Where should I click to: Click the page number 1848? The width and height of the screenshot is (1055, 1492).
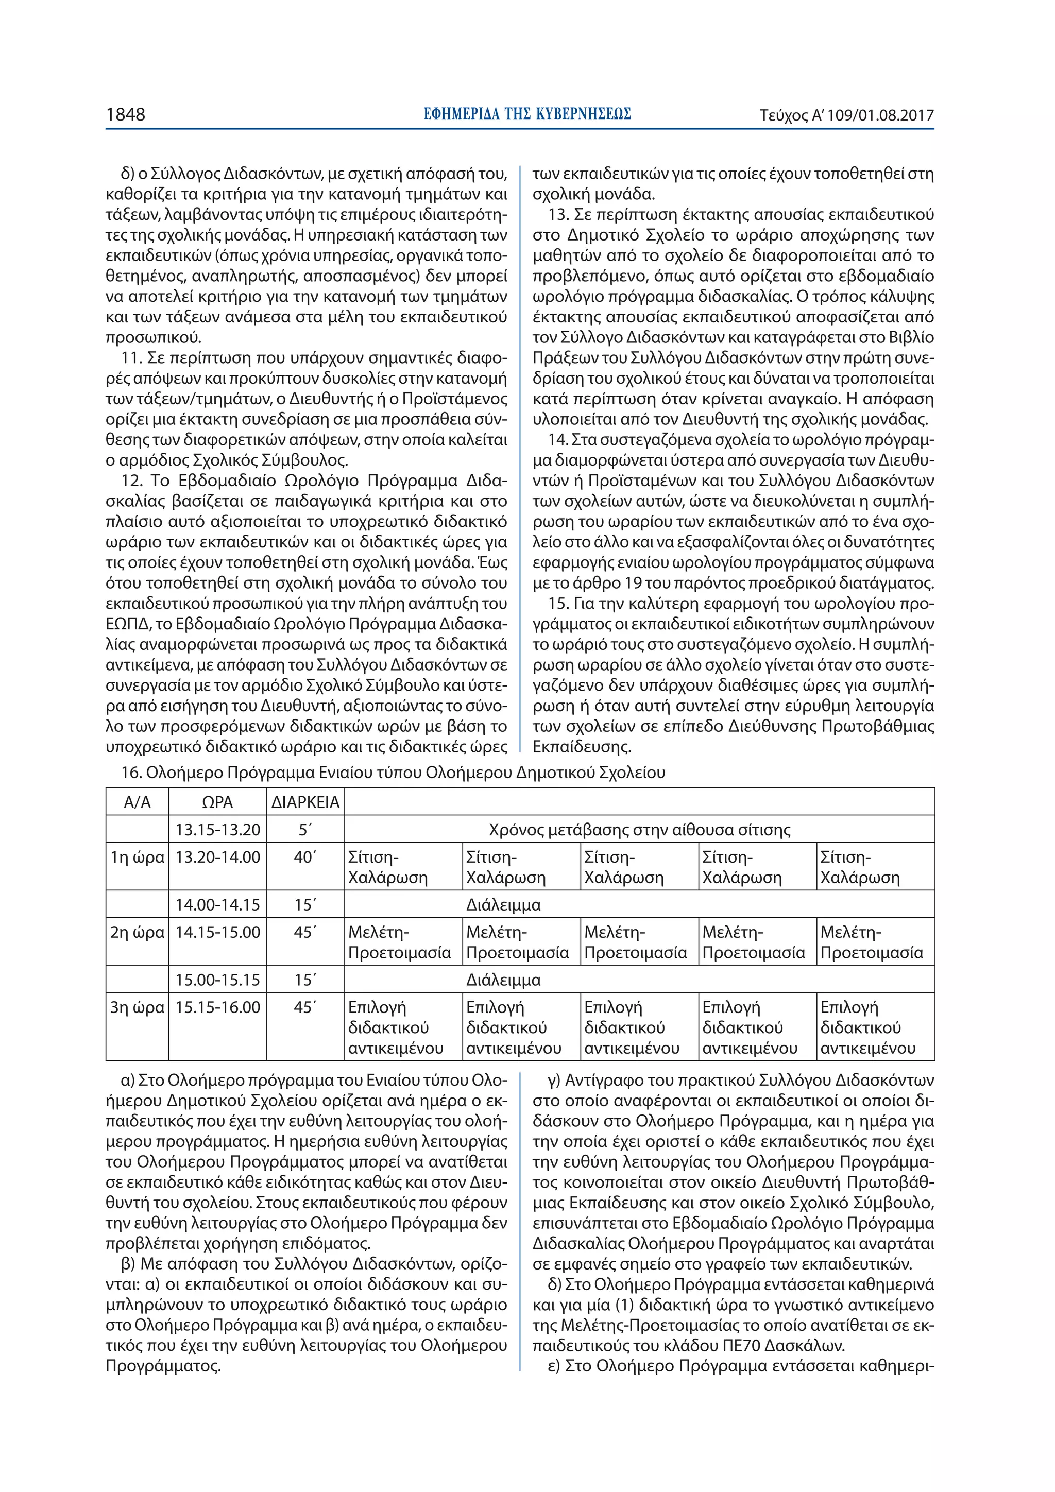(x=126, y=115)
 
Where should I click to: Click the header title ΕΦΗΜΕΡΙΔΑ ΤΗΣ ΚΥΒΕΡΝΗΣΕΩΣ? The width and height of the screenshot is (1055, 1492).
(x=526, y=114)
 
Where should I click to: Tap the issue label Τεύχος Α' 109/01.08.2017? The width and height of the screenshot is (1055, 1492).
(x=846, y=116)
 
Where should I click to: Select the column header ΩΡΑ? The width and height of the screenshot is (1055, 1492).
(x=217, y=802)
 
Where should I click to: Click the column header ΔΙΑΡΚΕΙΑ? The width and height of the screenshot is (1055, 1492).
(x=305, y=802)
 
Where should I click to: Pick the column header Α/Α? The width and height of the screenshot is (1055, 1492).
(x=137, y=802)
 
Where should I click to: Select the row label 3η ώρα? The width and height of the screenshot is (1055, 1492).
(x=137, y=1007)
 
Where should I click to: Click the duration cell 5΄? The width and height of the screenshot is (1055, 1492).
(x=305, y=830)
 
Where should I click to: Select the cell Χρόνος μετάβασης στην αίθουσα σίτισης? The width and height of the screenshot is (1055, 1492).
(x=639, y=830)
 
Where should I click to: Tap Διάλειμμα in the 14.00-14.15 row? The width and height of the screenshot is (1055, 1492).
(x=503, y=904)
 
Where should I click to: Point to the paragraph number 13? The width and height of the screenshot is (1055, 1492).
(x=558, y=214)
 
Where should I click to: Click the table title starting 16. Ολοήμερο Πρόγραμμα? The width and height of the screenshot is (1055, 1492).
(x=393, y=773)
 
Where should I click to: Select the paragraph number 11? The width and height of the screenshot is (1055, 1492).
(x=131, y=358)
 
